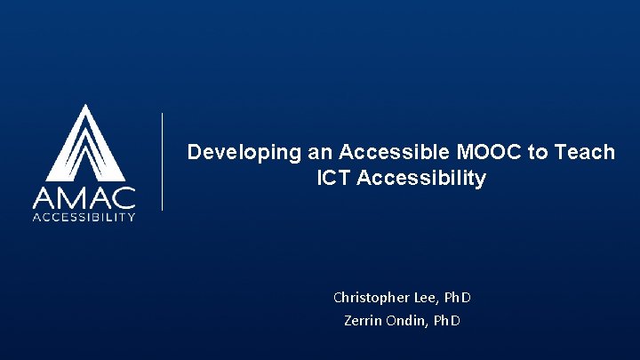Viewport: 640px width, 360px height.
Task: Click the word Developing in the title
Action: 232,152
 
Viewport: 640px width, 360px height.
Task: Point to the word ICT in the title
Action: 332,178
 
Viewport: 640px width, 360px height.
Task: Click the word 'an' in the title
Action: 294,152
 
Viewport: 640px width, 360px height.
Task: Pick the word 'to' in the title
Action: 539,152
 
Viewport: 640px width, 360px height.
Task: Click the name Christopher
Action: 366,297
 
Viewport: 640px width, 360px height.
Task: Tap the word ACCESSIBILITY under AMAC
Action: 84,216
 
